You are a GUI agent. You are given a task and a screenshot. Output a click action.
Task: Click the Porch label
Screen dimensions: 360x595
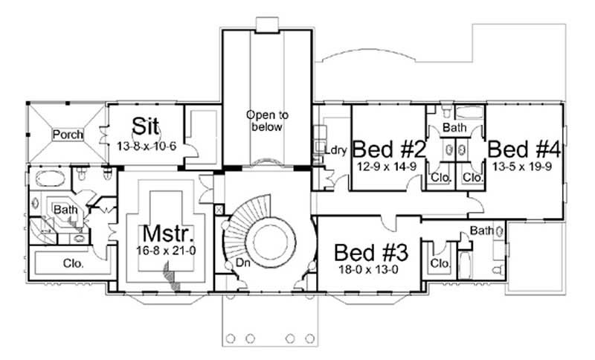pyautogui.click(x=68, y=135)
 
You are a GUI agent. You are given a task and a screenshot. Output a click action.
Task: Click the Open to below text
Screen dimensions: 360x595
pyautogui.click(x=267, y=121)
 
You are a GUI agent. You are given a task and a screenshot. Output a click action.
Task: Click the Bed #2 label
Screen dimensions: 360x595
pyautogui.click(x=388, y=146)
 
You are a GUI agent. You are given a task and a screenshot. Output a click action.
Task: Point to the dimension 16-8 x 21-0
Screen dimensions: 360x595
pyautogui.click(x=165, y=253)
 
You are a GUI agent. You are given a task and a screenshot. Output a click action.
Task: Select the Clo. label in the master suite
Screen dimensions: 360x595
pyautogui.click(x=72, y=263)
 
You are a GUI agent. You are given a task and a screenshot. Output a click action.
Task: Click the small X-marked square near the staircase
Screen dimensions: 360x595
pyautogui.click(x=218, y=210)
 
